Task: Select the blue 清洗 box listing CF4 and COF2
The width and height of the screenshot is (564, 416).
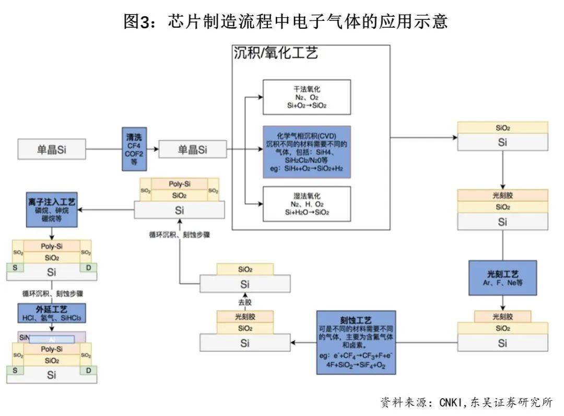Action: [134, 149]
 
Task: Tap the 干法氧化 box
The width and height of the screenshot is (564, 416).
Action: [307, 97]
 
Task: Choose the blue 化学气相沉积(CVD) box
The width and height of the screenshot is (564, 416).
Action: [307, 152]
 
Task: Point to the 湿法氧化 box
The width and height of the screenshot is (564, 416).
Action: [307, 204]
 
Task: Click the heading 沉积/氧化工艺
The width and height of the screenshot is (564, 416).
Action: [275, 53]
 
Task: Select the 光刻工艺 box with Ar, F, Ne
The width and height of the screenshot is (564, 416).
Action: [502, 278]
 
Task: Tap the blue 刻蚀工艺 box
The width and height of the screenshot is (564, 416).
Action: [356, 342]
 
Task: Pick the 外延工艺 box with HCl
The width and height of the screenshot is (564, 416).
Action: [51, 313]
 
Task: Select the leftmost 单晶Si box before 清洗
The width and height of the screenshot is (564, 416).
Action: [51, 149]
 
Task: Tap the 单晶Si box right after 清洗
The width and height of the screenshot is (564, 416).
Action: [193, 149]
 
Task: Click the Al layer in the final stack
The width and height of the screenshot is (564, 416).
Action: [52, 339]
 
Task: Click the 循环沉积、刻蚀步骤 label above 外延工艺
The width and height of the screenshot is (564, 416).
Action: [51, 293]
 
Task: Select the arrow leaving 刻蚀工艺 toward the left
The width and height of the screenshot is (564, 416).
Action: [303, 343]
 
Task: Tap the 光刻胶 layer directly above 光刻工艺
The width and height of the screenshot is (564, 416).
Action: [502, 195]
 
